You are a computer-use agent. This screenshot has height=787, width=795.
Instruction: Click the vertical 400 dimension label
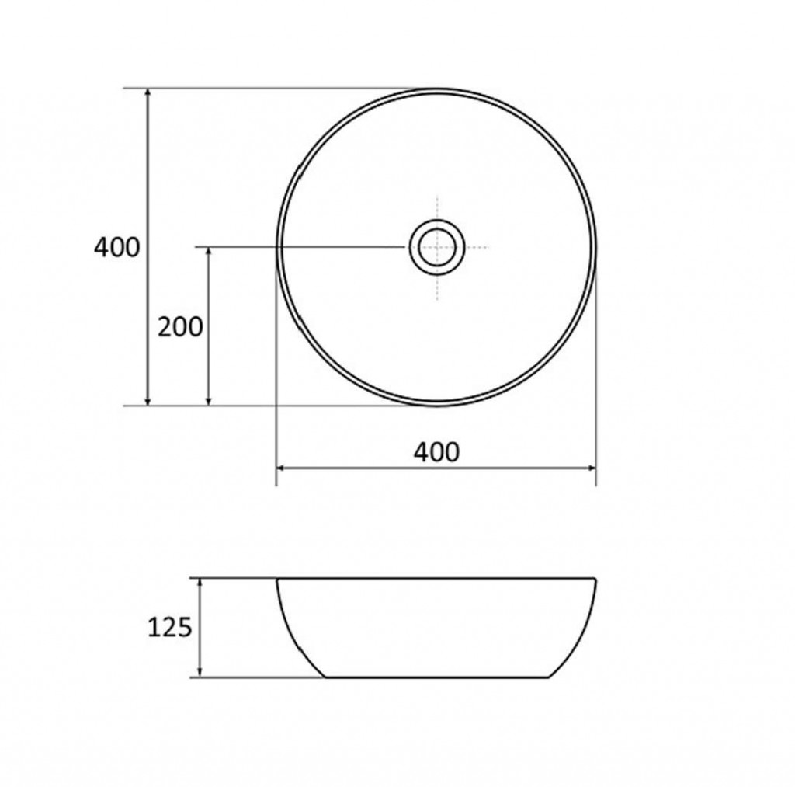click(x=116, y=248)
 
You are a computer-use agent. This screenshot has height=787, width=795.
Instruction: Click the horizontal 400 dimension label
click(x=436, y=452)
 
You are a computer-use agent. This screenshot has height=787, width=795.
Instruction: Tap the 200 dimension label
click(x=180, y=327)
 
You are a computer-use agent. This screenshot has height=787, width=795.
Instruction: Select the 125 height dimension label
click(x=170, y=628)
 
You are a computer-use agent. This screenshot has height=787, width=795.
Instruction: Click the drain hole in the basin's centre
click(x=437, y=247)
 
